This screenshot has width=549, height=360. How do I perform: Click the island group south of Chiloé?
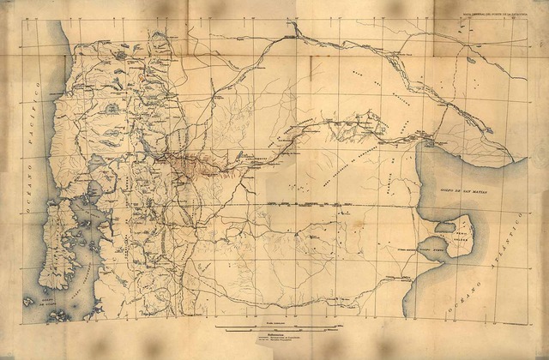click(60, 315)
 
